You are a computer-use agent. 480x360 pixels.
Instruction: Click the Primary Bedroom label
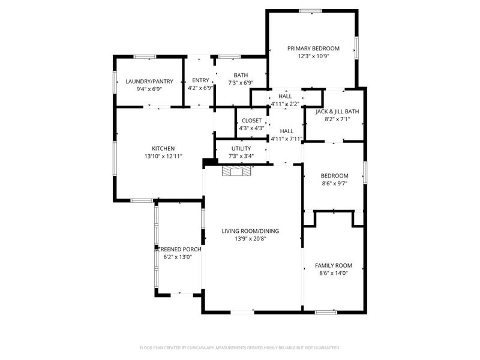click(x=313, y=49)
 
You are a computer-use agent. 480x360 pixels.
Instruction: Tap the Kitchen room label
click(x=163, y=148)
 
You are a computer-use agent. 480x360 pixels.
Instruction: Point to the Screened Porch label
click(x=178, y=249)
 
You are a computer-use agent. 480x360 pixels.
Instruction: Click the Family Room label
click(x=334, y=265)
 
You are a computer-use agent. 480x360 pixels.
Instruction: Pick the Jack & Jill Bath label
click(x=337, y=111)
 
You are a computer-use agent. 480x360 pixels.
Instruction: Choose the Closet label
click(x=252, y=120)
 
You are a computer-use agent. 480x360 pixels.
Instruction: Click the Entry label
click(x=200, y=80)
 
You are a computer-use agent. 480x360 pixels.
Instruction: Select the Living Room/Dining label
click(x=250, y=231)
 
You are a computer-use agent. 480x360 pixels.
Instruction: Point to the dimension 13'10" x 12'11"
click(x=163, y=156)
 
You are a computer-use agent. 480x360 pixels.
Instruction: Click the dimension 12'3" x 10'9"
click(x=313, y=56)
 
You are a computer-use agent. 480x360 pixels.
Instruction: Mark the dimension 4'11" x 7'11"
click(x=286, y=139)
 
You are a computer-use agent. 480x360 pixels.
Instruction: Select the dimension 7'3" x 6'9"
click(x=241, y=83)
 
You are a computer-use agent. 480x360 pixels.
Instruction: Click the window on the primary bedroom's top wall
click(x=310, y=10)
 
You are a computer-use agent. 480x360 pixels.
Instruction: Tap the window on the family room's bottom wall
click(x=326, y=312)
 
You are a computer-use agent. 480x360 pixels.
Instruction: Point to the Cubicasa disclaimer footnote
click(x=240, y=347)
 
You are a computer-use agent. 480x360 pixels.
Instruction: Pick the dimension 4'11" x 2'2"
click(x=285, y=104)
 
